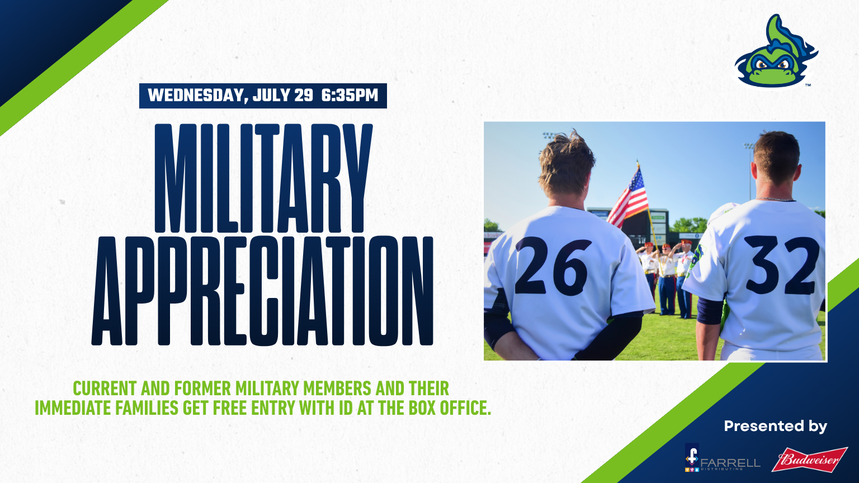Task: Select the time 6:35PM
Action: click(350, 96)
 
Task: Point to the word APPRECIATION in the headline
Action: click(262, 291)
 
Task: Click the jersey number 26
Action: click(553, 266)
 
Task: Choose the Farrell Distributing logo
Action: click(723, 458)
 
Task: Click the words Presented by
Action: click(776, 426)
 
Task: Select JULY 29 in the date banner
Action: click(283, 96)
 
